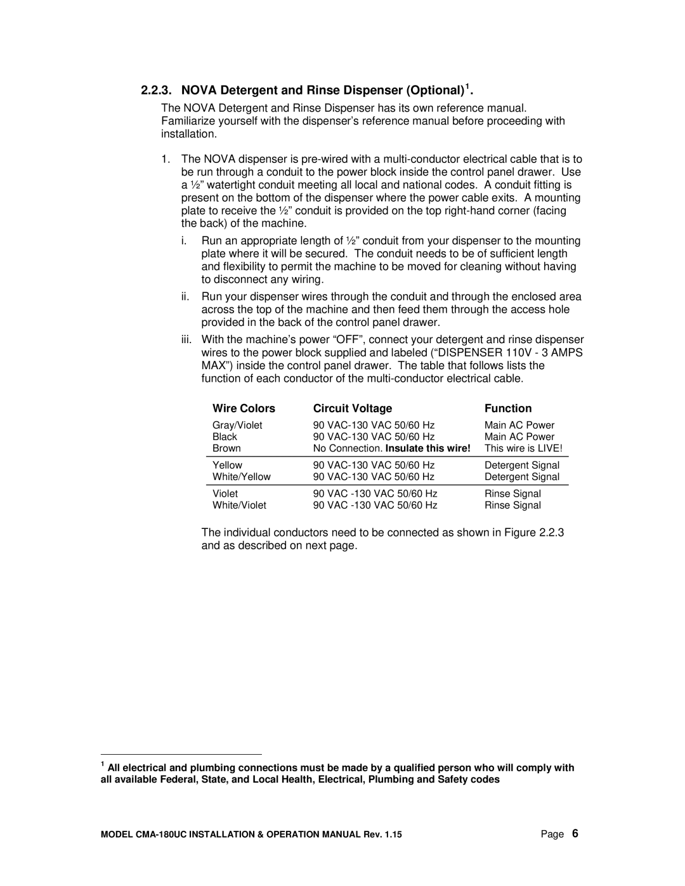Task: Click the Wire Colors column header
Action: (x=244, y=408)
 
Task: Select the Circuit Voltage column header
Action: (x=353, y=408)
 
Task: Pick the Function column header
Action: (x=508, y=408)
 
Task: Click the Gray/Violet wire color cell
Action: (x=237, y=425)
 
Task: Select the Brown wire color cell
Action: (x=226, y=448)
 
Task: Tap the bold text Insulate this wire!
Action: (x=429, y=448)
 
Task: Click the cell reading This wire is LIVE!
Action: (x=523, y=448)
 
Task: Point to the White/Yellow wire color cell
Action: (x=241, y=476)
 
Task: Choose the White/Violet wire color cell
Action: (x=239, y=505)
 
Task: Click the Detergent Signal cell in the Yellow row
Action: (x=522, y=465)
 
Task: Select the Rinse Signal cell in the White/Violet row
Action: (x=512, y=505)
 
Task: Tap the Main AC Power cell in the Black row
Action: (x=519, y=436)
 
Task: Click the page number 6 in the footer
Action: (x=575, y=833)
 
